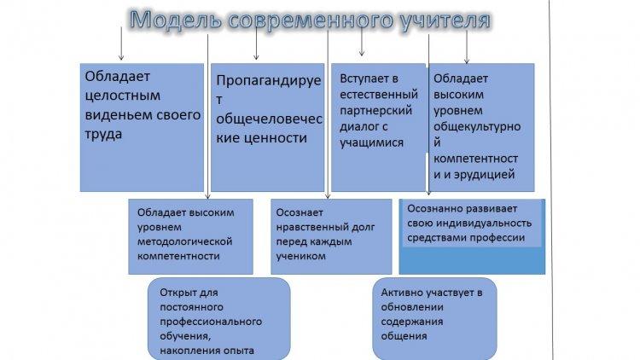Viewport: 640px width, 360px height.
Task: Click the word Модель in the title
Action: coord(176,20)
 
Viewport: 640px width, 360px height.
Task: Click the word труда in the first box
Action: coord(103,135)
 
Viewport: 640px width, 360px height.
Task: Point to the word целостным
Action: coord(122,96)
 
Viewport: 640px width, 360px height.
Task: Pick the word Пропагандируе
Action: coord(269,81)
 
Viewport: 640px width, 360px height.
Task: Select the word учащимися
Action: coord(371,142)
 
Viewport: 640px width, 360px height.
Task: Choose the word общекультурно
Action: coord(477,127)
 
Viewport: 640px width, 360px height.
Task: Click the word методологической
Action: coord(184,241)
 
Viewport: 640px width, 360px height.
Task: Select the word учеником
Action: coord(301,256)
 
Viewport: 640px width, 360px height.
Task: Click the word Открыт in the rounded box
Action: coord(174,293)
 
